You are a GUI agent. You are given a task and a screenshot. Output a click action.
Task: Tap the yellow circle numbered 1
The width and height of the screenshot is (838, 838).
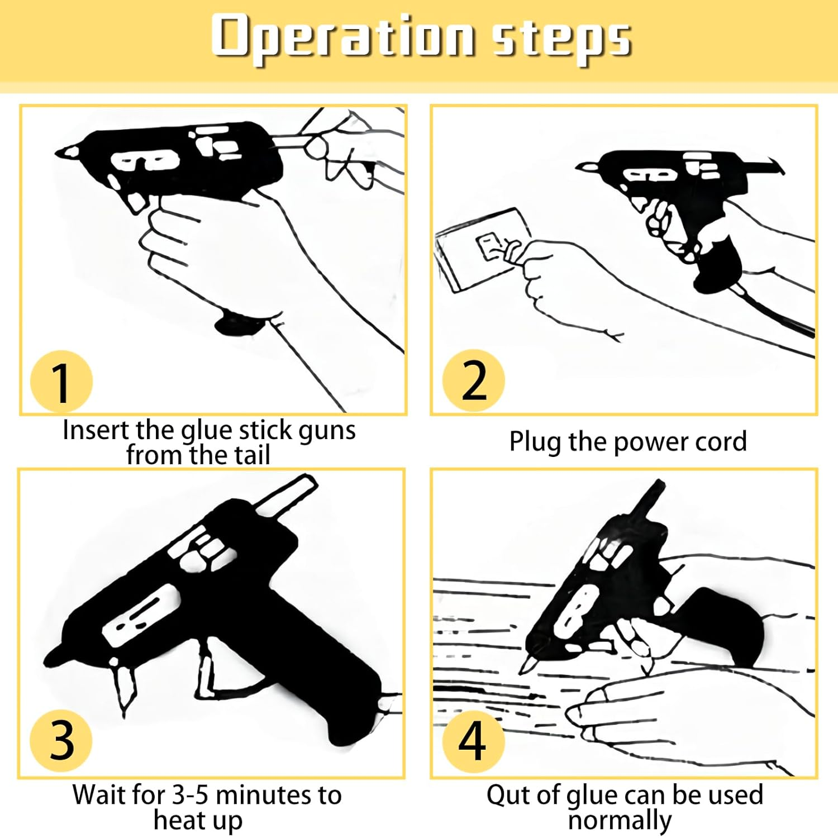tap(61, 382)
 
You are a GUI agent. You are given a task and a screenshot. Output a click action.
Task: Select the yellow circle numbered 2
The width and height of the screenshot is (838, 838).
tap(473, 380)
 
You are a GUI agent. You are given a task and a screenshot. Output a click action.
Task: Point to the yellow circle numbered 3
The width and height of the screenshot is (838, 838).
tap(61, 741)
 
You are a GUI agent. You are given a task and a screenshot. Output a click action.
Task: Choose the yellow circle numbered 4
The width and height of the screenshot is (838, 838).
tap(473, 741)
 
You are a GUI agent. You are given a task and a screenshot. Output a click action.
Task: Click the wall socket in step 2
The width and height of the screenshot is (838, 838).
tap(484, 249)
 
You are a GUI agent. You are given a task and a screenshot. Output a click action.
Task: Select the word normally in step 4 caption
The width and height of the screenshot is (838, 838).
tap(620, 821)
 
